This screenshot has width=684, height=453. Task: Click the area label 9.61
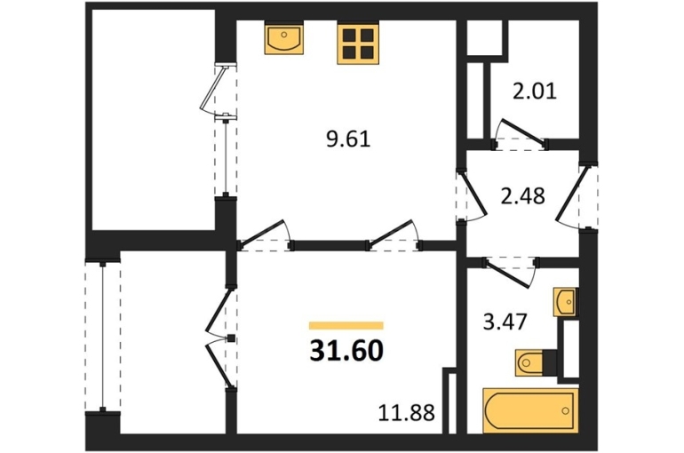pyautogui.click(x=348, y=139)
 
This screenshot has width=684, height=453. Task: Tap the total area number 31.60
pyautogui.click(x=346, y=351)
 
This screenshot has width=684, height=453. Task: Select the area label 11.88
pyautogui.click(x=406, y=412)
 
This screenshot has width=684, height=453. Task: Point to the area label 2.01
pyautogui.click(x=535, y=91)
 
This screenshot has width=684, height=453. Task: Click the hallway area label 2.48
pyautogui.click(x=522, y=195)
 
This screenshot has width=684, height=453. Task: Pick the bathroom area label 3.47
pyautogui.click(x=506, y=322)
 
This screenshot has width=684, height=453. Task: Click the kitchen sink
pyautogui.click(x=284, y=39)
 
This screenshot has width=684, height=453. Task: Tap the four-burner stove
pyautogui.click(x=358, y=44)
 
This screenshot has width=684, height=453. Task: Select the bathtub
pyautogui.click(x=530, y=410)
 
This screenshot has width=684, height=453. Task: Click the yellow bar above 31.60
pyautogui.click(x=346, y=325)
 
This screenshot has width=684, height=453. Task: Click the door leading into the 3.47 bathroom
pyautogui.click(x=510, y=272)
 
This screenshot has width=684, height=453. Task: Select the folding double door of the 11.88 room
pyautogui.click(x=221, y=338)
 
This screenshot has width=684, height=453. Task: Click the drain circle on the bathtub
pyautogui.click(x=565, y=410)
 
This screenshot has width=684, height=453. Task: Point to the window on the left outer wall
pyautogui.click(x=102, y=337)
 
